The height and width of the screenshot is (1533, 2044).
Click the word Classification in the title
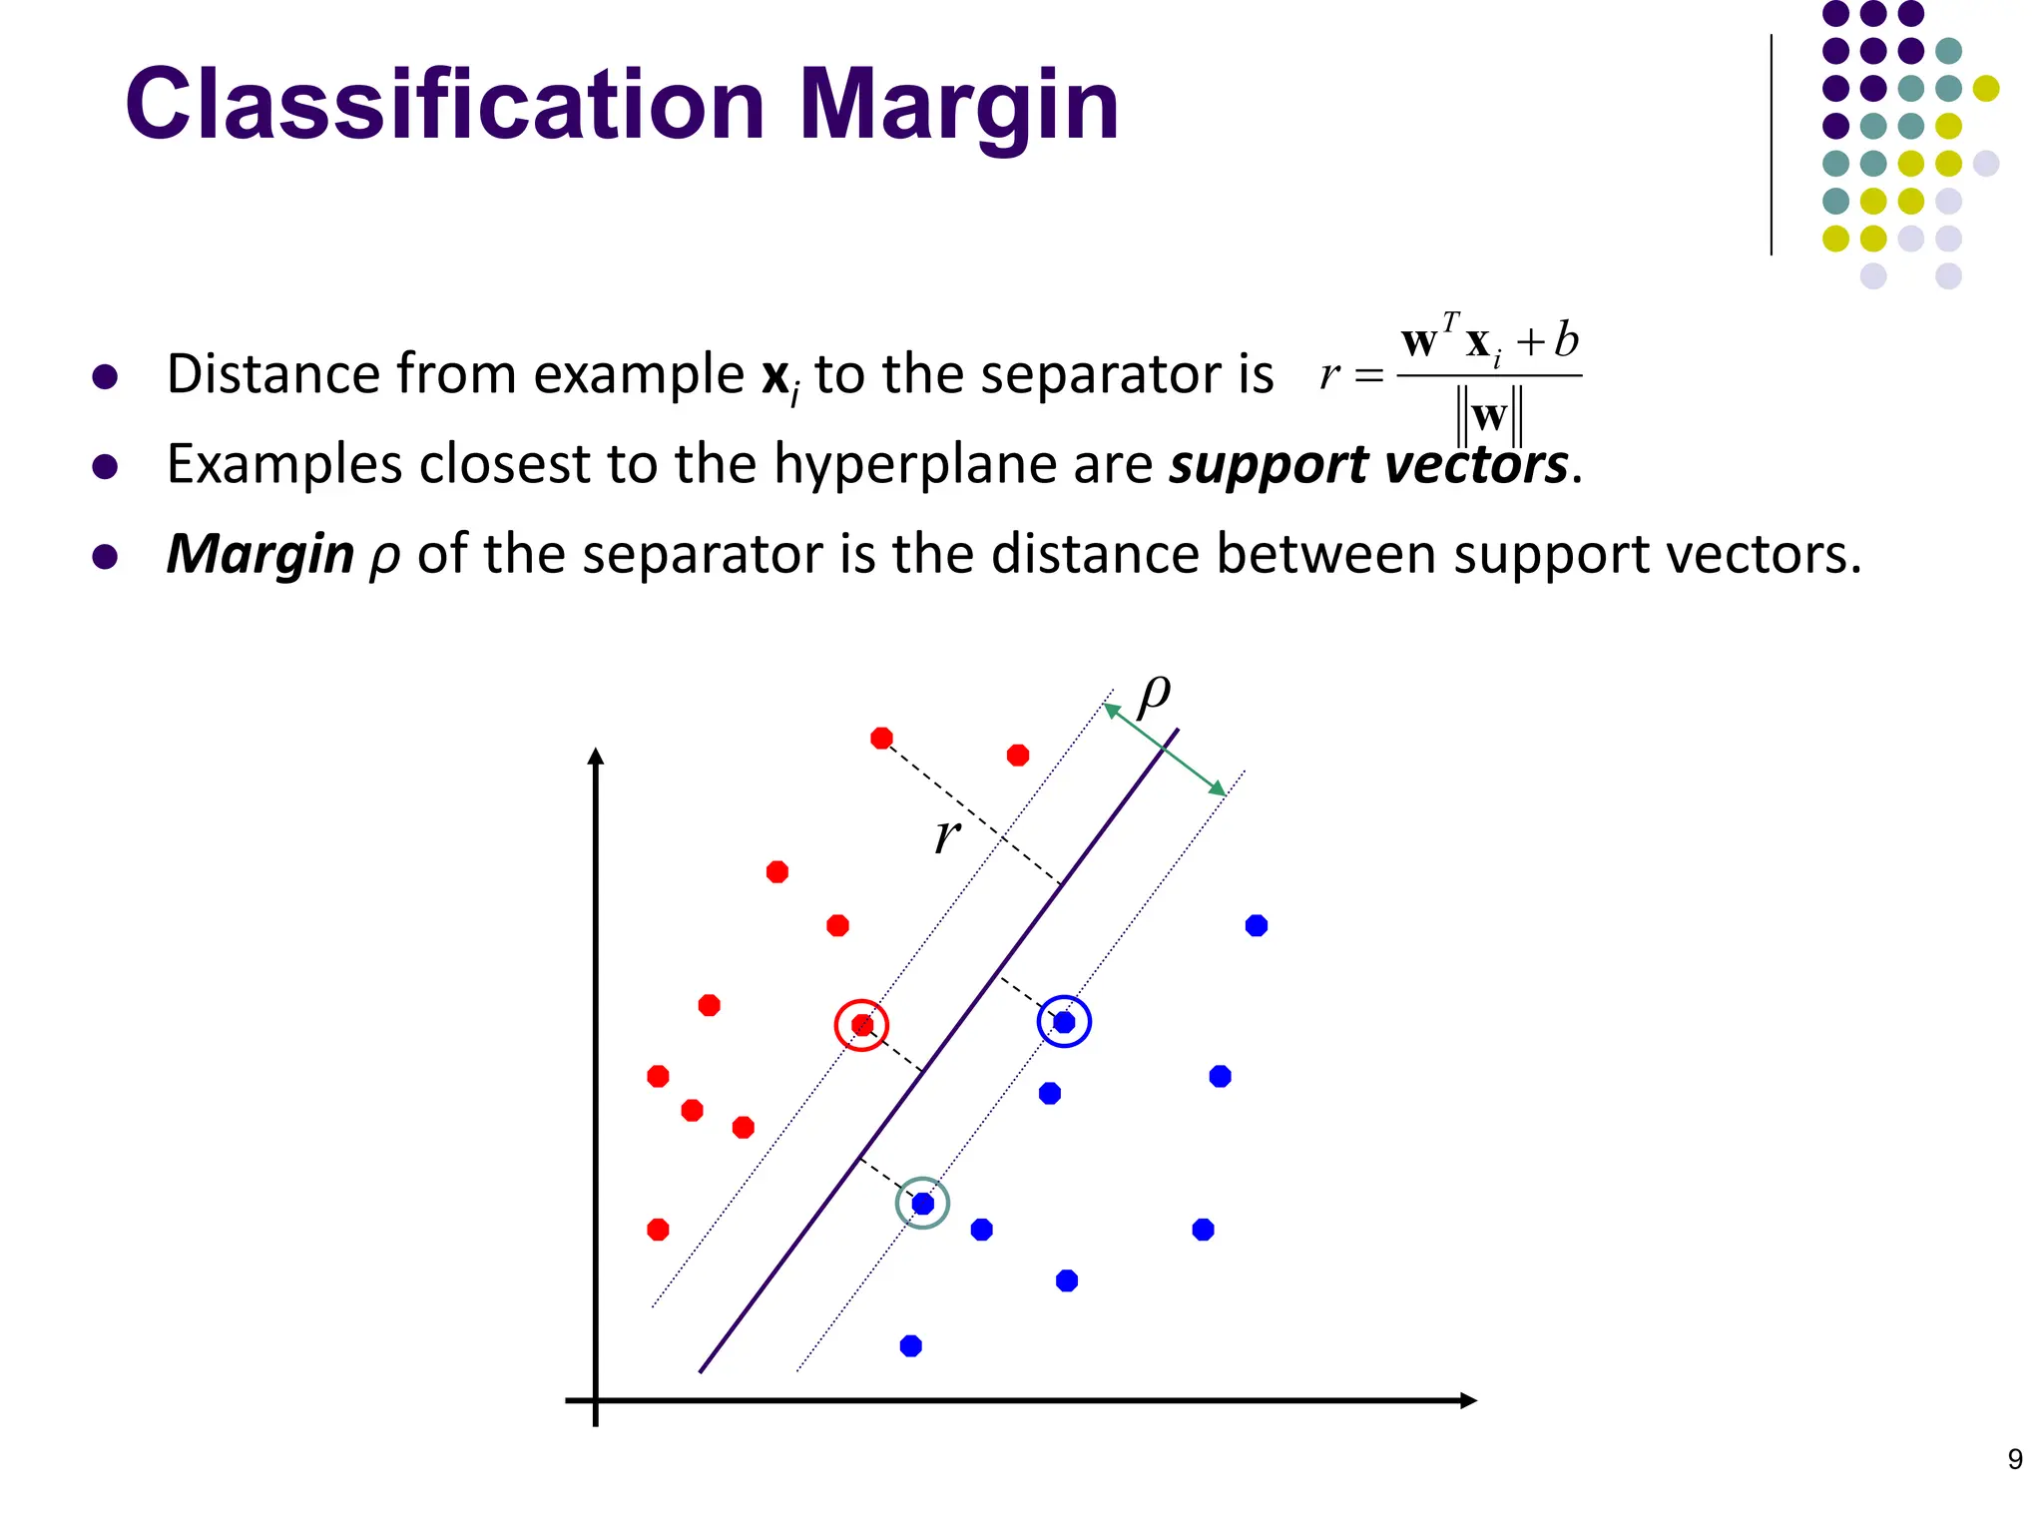[x=444, y=105]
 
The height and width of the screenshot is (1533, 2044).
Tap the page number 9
[x=2015, y=1459]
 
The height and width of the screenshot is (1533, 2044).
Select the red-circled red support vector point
[x=862, y=1025]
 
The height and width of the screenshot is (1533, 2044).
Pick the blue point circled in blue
[x=1064, y=1022]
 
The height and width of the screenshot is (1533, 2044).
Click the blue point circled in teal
[x=923, y=1204]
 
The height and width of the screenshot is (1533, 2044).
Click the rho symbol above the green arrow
[x=1154, y=693]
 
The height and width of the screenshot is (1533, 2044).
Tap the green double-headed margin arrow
[x=1165, y=750]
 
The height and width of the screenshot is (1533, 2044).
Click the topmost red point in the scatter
[x=881, y=739]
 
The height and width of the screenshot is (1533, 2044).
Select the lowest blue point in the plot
[x=910, y=1346]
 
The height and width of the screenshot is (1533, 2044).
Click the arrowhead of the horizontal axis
[x=1467, y=1400]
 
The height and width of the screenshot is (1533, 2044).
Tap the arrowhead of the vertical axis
[x=596, y=757]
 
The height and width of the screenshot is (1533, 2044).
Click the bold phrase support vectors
[x=1368, y=465]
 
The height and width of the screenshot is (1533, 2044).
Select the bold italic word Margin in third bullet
[x=259, y=554]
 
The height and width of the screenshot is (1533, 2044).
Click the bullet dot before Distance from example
[x=105, y=377]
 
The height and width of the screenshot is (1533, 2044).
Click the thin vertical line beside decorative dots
[x=1772, y=145]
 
